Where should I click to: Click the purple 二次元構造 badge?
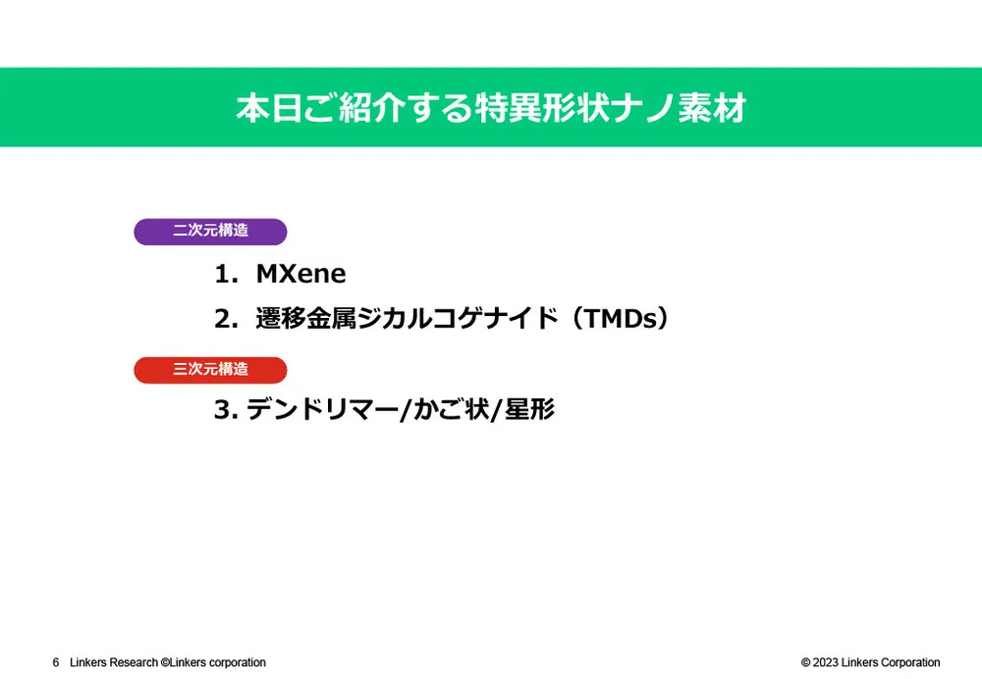pyautogui.click(x=210, y=232)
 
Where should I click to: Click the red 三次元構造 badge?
pyautogui.click(x=210, y=370)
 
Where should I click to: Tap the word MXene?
pyautogui.click(x=300, y=274)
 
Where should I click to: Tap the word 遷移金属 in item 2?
pyautogui.click(x=306, y=319)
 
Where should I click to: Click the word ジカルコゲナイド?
pyautogui.click(x=458, y=319)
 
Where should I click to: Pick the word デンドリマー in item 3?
pyautogui.click(x=322, y=410)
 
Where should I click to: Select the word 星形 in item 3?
pyautogui.click(x=530, y=410)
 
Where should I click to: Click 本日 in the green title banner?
pyautogui.click(x=270, y=108)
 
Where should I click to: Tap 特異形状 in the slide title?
pyautogui.click(x=541, y=108)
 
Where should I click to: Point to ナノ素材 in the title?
pyautogui.click(x=679, y=108)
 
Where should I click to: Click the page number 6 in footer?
pyautogui.click(x=56, y=662)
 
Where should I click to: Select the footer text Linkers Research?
pyautogui.click(x=114, y=662)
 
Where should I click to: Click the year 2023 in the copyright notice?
pyautogui.click(x=826, y=662)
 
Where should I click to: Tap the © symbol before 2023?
pyautogui.click(x=806, y=662)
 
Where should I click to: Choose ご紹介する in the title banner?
pyautogui.click(x=388, y=108)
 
